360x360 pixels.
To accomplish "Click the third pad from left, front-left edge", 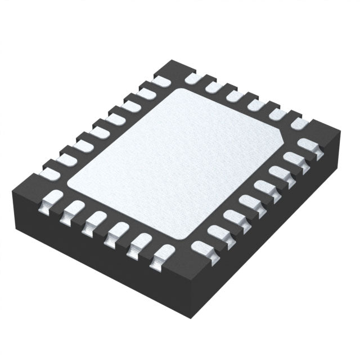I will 95,220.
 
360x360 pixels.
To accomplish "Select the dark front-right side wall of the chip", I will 264,225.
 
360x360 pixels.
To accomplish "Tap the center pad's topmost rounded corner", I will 179,90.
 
